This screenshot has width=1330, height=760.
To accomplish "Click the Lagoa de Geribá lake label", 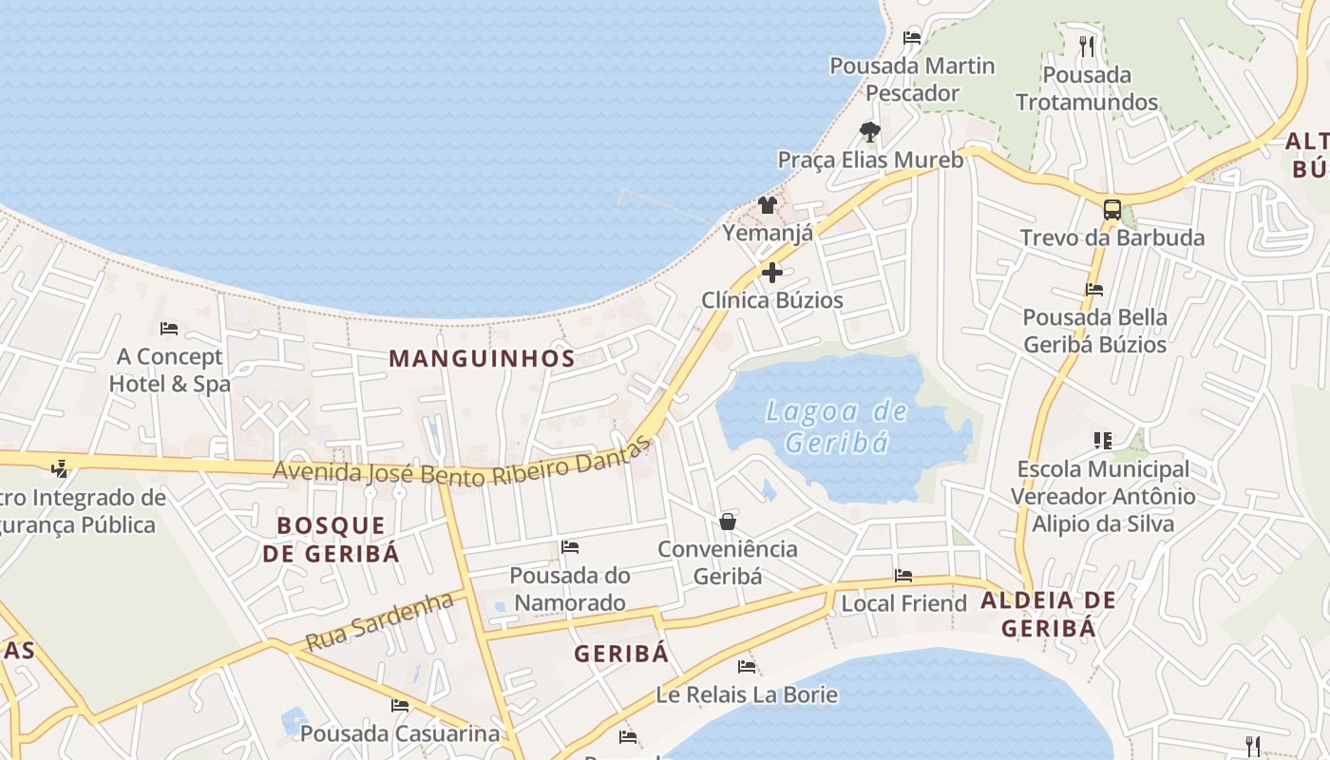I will click(x=837, y=427).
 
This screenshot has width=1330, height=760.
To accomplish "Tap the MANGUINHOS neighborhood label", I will click(x=482, y=358).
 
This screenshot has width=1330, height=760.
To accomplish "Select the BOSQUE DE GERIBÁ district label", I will click(x=331, y=539).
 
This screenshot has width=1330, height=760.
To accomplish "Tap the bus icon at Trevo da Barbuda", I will click(x=1111, y=210).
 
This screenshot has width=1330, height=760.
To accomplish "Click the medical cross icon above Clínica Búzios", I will click(x=772, y=274).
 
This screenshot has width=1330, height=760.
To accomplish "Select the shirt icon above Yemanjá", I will click(x=768, y=205).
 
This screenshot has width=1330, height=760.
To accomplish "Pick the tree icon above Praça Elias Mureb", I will click(x=869, y=132).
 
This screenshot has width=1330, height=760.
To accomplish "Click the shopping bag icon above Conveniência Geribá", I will click(x=728, y=522).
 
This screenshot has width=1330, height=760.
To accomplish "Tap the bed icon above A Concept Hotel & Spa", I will click(x=169, y=329).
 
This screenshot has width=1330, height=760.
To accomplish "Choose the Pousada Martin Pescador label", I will click(x=912, y=80).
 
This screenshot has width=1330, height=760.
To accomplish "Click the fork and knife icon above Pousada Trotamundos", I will click(x=1087, y=46).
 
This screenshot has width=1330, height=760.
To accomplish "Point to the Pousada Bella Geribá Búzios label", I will click(x=1094, y=331).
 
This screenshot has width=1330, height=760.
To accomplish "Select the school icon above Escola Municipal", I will click(x=1102, y=440).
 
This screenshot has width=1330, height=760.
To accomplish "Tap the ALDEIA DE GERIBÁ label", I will click(x=1048, y=614).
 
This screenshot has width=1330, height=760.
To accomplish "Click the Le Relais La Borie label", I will click(x=747, y=694).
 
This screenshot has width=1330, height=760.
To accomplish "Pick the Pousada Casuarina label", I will click(x=400, y=733).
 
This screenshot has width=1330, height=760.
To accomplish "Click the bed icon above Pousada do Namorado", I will click(x=570, y=547).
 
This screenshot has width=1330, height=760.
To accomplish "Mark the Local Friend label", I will click(x=903, y=603).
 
